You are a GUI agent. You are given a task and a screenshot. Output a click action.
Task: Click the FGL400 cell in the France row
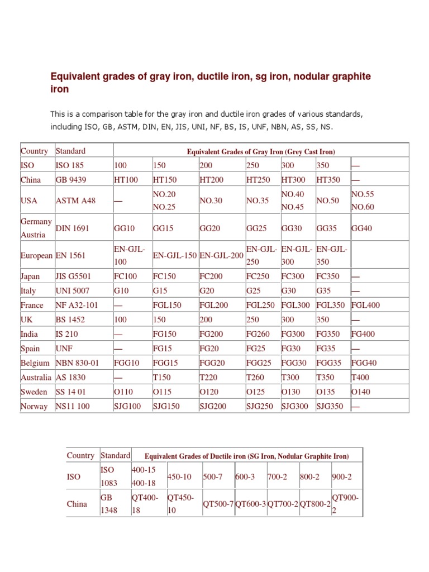[x=365, y=306]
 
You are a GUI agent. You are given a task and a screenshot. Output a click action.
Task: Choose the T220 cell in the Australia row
[x=209, y=378]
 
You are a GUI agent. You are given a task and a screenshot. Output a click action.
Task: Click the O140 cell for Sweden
[x=360, y=392]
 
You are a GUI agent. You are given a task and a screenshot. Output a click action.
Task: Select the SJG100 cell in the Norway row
[x=127, y=406]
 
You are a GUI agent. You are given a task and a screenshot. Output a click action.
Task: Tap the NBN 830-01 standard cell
[x=77, y=363]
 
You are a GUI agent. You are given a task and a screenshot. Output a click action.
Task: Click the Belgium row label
[x=35, y=363]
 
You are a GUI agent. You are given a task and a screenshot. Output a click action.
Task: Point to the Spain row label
[x=31, y=349]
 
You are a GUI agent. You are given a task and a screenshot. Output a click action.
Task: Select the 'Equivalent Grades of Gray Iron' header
[x=261, y=151]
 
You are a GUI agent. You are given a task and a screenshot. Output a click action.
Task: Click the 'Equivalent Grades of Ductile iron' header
[x=246, y=456]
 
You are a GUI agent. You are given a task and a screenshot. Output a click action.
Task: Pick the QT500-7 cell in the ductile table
[x=218, y=504]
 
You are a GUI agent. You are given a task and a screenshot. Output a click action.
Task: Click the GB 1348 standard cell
[x=109, y=504]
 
